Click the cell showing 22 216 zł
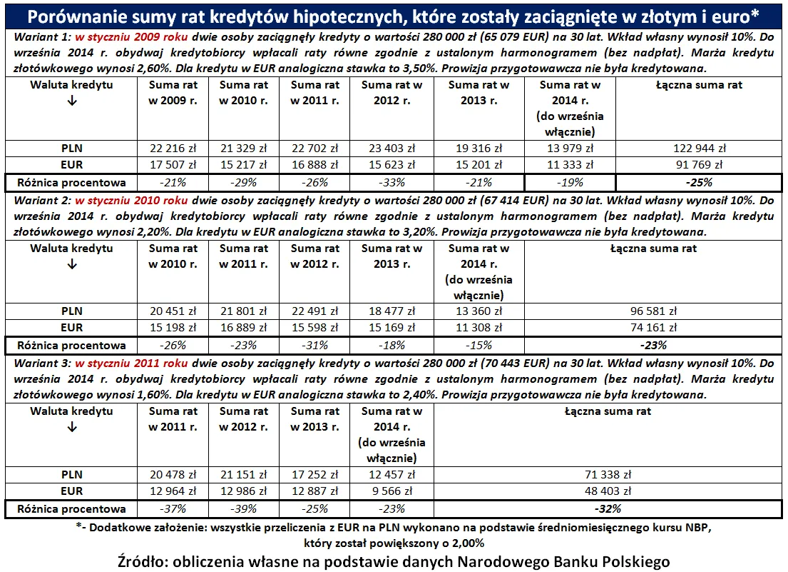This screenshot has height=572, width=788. click(x=173, y=149)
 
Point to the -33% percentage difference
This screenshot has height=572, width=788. click(x=387, y=181)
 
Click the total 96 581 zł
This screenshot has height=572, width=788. click(x=653, y=311)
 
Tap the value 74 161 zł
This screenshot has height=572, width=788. click(x=653, y=327)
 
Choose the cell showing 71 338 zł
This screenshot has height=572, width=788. click(x=607, y=474)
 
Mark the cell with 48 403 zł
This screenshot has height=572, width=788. click(x=607, y=491)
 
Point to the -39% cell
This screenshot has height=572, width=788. click(x=244, y=508)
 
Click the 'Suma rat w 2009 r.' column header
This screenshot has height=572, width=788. click(x=173, y=92)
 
